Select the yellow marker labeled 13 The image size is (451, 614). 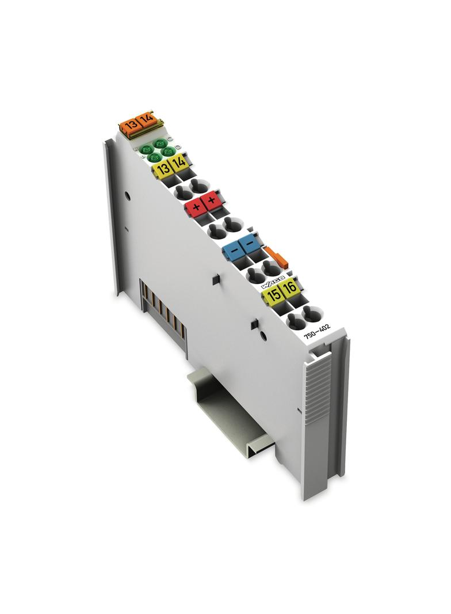pos(163,168)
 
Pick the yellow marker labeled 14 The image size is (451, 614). pos(179,164)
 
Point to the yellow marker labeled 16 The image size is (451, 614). pos(290,289)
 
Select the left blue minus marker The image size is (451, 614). pos(234,251)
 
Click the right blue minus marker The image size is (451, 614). pos(250,244)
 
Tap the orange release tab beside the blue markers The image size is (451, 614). pos(275,255)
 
